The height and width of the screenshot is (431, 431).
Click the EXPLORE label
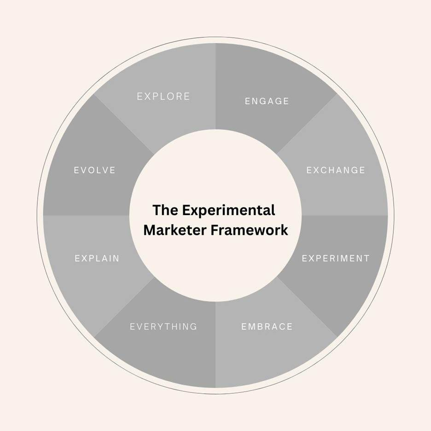pyautogui.click(x=163, y=96)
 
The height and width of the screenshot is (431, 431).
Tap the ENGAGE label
pyautogui.click(x=267, y=101)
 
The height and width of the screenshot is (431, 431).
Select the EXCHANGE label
pyautogui.click(x=336, y=170)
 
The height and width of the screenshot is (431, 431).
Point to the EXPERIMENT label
pyautogui.click(x=336, y=258)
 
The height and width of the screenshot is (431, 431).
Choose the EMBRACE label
pyautogui.click(x=267, y=326)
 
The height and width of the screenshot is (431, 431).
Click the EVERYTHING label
pyautogui.click(x=163, y=326)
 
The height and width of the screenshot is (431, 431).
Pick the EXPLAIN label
pyautogui.click(x=97, y=258)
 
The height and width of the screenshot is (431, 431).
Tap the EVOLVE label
pyautogui.click(x=95, y=170)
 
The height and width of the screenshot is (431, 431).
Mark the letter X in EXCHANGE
pyautogui.click(x=317, y=170)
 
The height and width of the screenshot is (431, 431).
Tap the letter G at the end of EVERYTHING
pyautogui.click(x=194, y=326)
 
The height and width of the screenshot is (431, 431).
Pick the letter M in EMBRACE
pyautogui.click(x=253, y=326)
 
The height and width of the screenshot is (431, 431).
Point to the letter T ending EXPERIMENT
pyautogui.click(x=367, y=258)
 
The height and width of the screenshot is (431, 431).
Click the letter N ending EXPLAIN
pyautogui.click(x=116, y=258)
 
